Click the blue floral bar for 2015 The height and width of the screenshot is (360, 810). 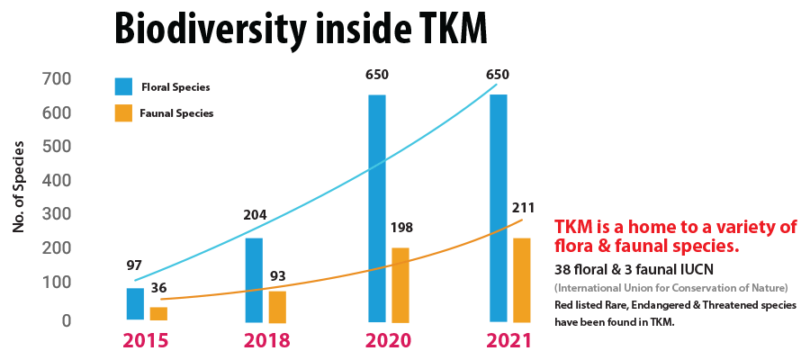134,303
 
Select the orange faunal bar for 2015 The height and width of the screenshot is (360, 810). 158,313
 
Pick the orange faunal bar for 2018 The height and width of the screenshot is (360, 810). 277,306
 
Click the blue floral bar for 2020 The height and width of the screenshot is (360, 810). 376,207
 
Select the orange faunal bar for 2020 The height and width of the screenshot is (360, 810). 400,283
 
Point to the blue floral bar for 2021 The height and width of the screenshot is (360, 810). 498,207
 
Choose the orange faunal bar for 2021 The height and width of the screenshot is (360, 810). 522,279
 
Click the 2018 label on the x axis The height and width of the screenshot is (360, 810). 266,341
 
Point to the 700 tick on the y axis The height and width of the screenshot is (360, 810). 57,80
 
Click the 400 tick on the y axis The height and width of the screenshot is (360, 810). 57,180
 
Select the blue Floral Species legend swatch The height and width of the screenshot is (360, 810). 123,86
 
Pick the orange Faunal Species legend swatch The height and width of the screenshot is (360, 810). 123,113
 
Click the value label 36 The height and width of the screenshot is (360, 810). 158,288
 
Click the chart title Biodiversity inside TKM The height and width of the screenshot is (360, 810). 301,30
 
